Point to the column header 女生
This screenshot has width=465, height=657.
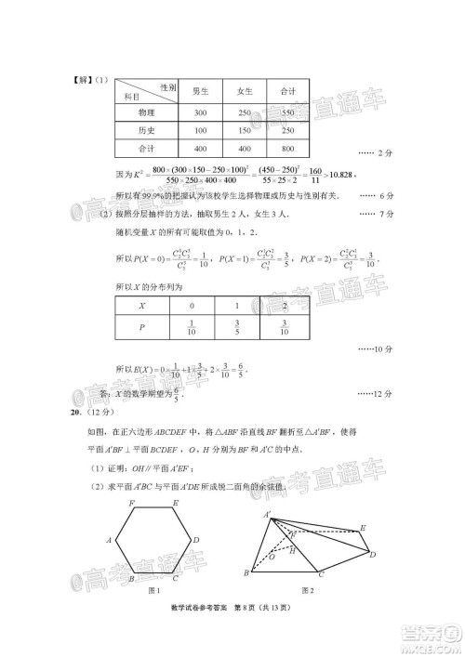[245, 91]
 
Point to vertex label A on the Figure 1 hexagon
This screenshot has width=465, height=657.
[110, 540]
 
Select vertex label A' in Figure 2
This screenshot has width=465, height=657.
[267, 513]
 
